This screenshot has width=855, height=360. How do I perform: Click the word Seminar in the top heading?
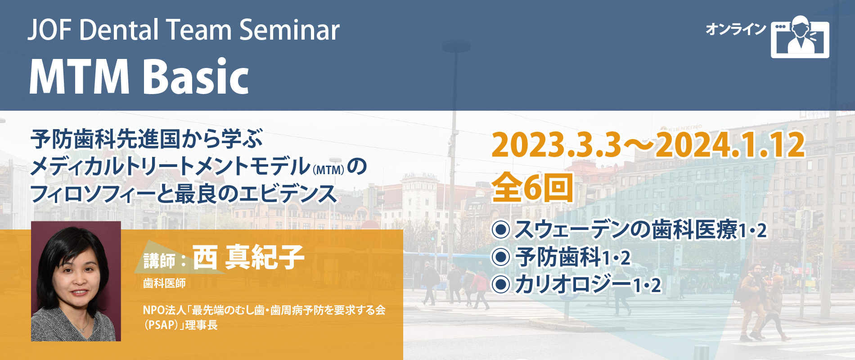(289, 30)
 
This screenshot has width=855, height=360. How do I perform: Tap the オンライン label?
(735, 29)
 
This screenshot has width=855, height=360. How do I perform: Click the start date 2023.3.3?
(556, 145)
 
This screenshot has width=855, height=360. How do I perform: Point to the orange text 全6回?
(532, 188)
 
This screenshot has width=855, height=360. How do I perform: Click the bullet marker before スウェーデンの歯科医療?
(501, 229)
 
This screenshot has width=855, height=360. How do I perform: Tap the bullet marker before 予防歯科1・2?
(501, 257)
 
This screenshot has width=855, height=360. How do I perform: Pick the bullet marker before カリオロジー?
(501, 284)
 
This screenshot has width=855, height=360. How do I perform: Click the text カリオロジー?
(573, 284)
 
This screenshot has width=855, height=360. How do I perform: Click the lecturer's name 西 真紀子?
(248, 257)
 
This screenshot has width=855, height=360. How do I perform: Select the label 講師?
(159, 261)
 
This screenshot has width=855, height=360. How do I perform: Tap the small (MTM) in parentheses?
(328, 170)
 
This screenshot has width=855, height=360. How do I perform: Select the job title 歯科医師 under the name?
(164, 283)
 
